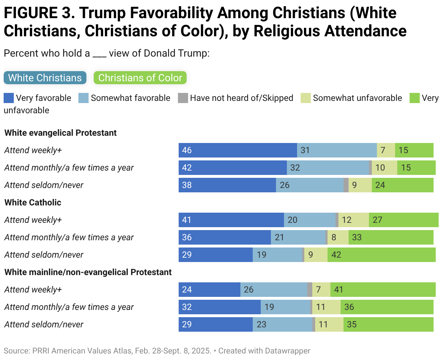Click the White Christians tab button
(x=45, y=78)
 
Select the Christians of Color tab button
(x=140, y=78)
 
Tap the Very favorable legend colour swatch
(x=9, y=98)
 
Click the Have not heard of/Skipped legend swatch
(x=183, y=98)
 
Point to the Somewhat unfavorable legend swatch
(x=306, y=98)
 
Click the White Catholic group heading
(x=33, y=202)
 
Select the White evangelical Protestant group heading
(x=60, y=133)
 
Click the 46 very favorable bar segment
(x=237, y=150)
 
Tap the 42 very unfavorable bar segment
(x=381, y=255)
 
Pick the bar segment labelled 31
(x=337, y=150)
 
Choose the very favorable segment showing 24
(x=209, y=290)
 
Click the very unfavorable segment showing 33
(x=391, y=237)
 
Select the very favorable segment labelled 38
(x=227, y=185)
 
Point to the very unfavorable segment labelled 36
(x=387, y=307)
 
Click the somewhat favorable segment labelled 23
(x=282, y=324)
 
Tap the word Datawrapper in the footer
(x=287, y=351)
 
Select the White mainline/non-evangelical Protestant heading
(x=88, y=272)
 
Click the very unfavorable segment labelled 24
(x=402, y=185)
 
